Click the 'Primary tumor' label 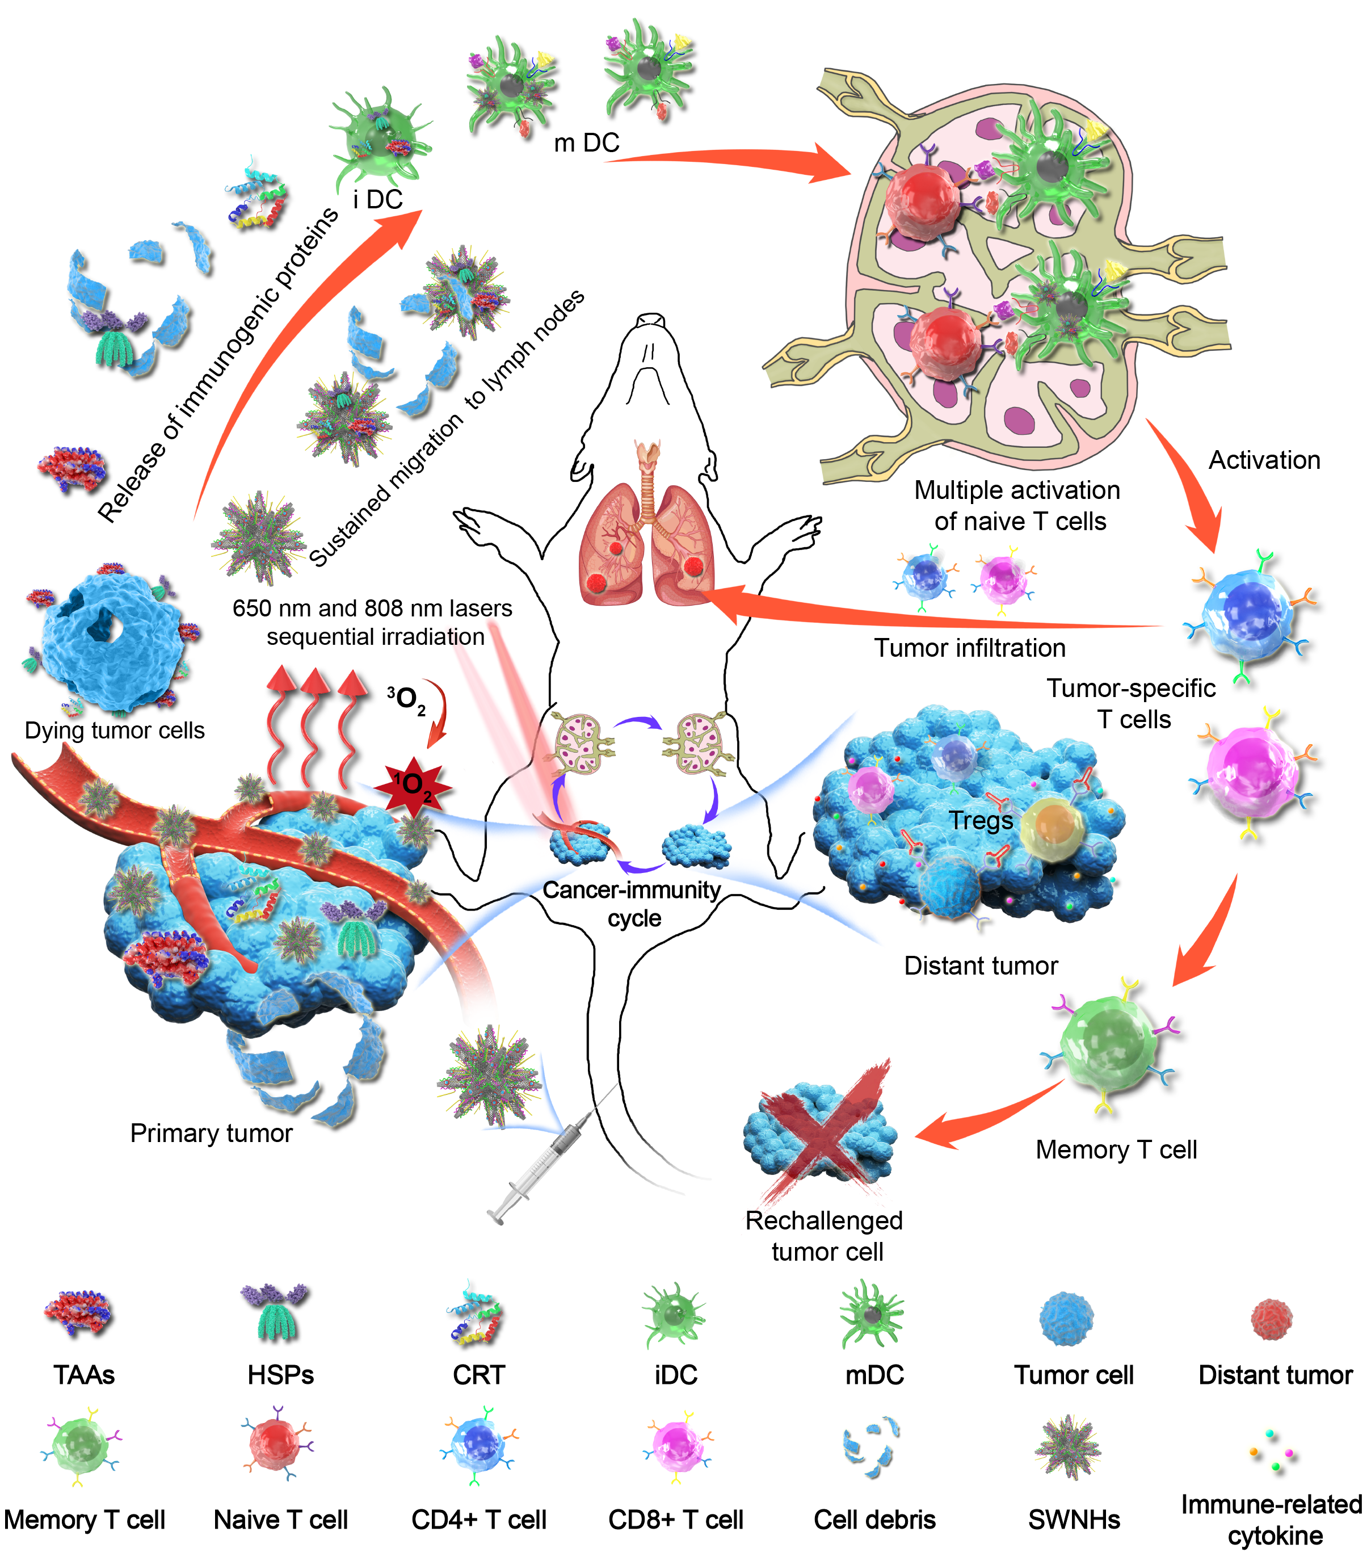pos(211,1133)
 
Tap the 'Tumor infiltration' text pos(969,648)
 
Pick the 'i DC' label pos(377,200)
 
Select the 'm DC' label pos(586,143)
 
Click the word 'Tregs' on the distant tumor pos(981,821)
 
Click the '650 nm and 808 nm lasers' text pos(372,608)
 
